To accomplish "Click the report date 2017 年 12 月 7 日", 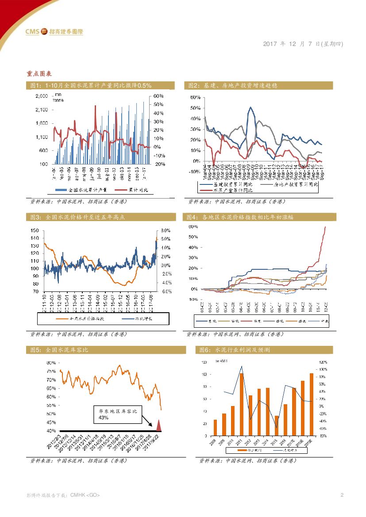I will [303, 44].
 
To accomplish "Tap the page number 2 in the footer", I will [342, 494].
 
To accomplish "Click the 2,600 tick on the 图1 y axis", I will [42, 96].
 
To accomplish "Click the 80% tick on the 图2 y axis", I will [195, 97].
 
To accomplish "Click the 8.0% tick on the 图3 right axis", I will [166, 230].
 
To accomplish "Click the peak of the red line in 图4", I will [326, 227].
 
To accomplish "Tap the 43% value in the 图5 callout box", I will [103, 417].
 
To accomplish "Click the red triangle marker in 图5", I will [160, 425].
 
